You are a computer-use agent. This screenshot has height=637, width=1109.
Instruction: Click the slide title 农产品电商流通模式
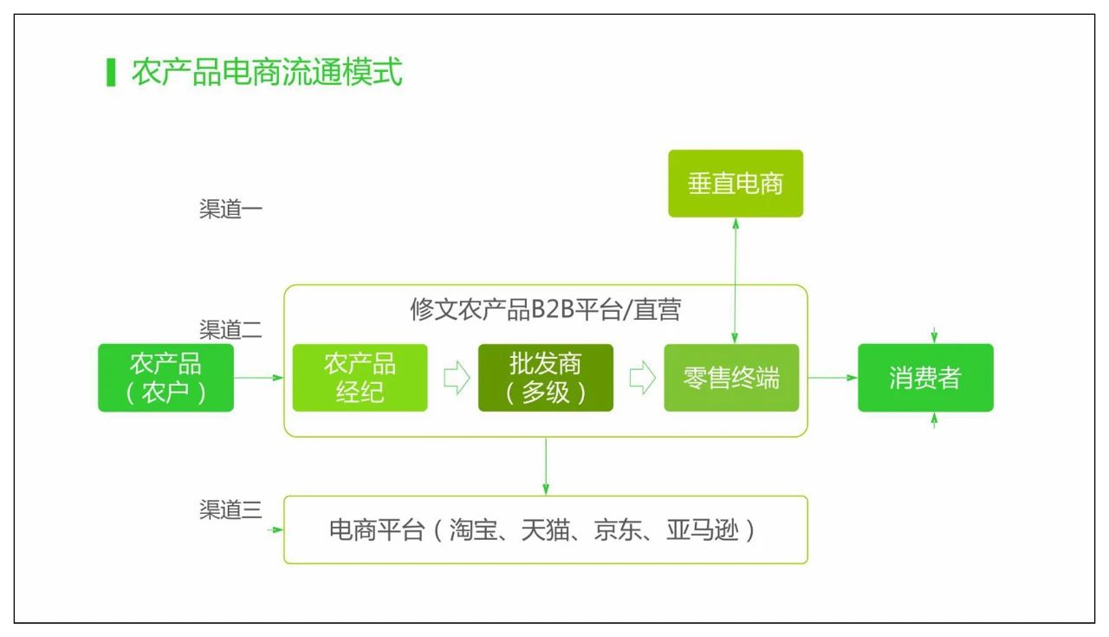tap(267, 73)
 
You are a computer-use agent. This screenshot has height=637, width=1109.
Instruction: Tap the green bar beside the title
tap(110, 73)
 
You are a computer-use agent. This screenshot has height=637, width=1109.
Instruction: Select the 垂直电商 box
tap(736, 184)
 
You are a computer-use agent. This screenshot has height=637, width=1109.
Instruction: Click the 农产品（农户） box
tap(165, 378)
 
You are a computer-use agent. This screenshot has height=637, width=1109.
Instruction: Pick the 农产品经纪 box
tap(360, 378)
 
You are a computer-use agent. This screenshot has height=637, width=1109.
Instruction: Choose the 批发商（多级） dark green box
tap(545, 378)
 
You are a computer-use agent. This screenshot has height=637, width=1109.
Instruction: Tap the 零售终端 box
tap(731, 378)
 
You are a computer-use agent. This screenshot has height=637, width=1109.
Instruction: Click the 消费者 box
tap(925, 378)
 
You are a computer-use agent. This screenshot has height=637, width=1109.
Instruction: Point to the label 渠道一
tap(230, 210)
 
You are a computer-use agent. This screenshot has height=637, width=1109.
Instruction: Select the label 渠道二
tap(230, 330)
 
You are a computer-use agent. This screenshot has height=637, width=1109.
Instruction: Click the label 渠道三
tap(230, 510)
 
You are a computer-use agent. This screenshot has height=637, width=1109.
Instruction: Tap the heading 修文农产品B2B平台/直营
tap(545, 310)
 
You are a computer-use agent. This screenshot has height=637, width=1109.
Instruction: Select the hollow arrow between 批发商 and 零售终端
tap(641, 379)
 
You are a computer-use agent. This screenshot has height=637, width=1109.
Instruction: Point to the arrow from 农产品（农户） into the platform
tap(259, 378)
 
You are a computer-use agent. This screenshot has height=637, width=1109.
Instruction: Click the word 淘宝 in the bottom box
tap(473, 530)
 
